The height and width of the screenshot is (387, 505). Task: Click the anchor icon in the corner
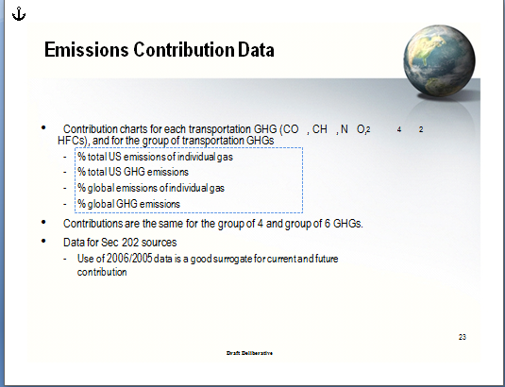click(x=19, y=14)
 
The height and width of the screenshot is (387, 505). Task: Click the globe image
click(x=439, y=60)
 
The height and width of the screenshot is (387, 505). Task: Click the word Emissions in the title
click(x=87, y=50)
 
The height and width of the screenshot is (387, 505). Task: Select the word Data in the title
click(x=256, y=50)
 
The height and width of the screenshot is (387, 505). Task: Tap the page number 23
click(x=463, y=337)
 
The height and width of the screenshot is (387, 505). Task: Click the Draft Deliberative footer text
click(x=249, y=353)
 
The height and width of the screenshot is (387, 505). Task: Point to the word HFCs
click(x=72, y=141)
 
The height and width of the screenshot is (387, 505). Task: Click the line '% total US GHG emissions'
click(x=133, y=172)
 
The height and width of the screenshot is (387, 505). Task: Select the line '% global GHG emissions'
click(x=128, y=204)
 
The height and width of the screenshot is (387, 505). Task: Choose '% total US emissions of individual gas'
click(x=155, y=157)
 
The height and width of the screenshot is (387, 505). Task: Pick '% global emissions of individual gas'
click(x=151, y=188)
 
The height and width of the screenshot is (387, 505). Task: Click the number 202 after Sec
click(x=130, y=243)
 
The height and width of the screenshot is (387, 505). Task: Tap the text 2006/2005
click(x=129, y=259)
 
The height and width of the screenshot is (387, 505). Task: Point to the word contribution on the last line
click(x=102, y=273)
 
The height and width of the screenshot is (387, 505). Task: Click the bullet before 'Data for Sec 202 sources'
click(x=43, y=241)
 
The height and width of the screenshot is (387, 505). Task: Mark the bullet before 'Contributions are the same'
click(x=43, y=222)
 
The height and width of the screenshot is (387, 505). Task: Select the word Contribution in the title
click(x=183, y=50)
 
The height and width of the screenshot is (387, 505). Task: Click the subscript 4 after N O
click(x=399, y=129)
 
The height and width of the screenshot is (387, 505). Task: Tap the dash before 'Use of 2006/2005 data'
click(x=65, y=259)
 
